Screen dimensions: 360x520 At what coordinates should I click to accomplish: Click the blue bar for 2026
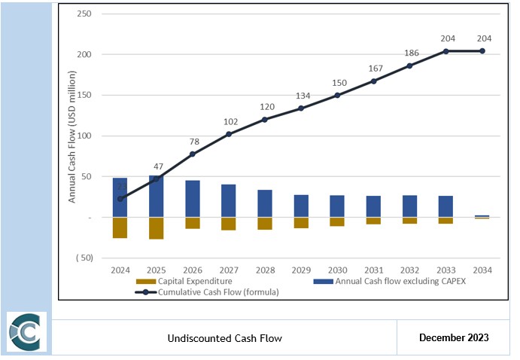tap(193, 199)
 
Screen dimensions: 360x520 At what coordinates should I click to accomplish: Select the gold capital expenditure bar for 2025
tap(157, 228)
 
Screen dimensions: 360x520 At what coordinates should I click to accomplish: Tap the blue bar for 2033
tap(445, 206)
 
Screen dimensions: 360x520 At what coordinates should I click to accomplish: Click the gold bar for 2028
tap(265, 223)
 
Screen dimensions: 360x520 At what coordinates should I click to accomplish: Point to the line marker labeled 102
tap(229, 134)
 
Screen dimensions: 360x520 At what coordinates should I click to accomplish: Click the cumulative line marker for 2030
tap(337, 95)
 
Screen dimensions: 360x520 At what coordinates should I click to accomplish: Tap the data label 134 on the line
tap(301, 96)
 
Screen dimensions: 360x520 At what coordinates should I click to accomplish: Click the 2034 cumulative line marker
tap(482, 51)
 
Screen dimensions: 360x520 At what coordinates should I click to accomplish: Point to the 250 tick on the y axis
tap(84, 14)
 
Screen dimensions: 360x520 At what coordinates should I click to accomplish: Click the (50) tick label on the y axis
tap(83, 258)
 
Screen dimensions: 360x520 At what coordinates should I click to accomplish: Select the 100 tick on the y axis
tap(84, 136)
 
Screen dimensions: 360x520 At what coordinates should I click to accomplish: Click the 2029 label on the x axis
tap(301, 270)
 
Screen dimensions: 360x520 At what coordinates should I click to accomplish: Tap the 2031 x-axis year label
tap(373, 270)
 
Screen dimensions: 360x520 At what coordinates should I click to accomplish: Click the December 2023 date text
tap(454, 337)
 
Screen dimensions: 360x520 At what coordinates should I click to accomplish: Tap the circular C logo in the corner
tap(27, 332)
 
